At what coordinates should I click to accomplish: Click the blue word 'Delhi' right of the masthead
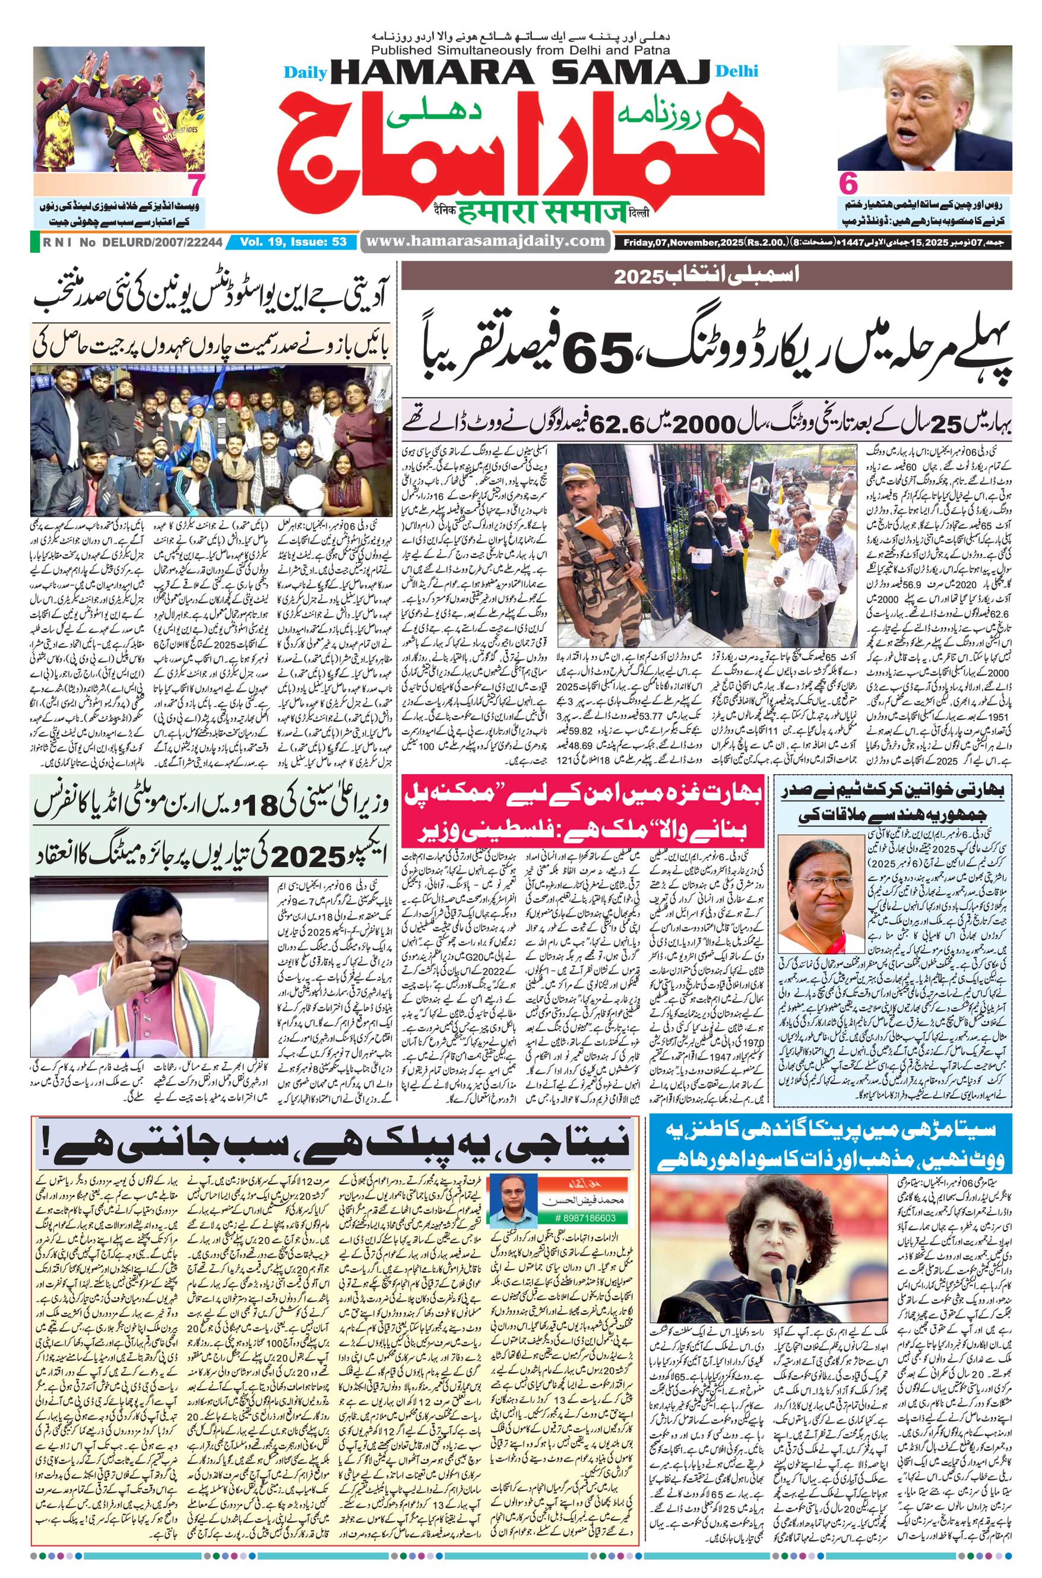pos(737,71)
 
